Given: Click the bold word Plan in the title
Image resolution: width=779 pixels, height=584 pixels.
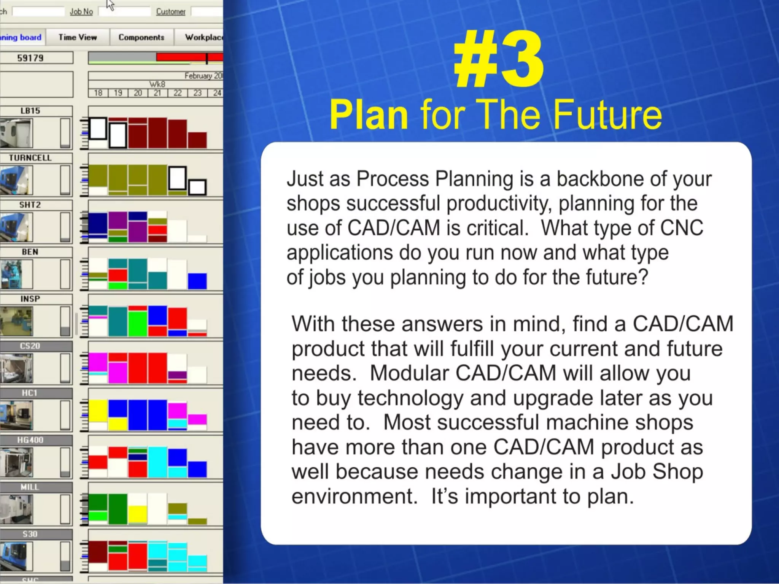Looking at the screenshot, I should coord(369,114).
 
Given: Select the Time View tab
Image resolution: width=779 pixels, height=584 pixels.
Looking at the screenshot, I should coord(78,37).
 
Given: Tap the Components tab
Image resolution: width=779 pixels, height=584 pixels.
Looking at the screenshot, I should coord(141,37).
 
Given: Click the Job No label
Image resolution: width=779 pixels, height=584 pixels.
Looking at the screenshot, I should coord(81,11).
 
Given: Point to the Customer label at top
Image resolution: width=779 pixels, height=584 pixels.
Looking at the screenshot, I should coord(170,11).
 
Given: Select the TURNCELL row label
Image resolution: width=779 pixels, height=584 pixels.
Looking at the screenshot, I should coord(30,158).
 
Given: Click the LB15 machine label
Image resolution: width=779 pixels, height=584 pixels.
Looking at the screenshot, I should coord(30,111).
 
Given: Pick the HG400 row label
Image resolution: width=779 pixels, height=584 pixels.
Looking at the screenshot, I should coord(30,440).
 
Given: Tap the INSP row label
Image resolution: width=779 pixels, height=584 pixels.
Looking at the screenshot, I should coord(30,299).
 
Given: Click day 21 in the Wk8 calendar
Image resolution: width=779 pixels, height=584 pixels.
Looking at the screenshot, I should coord(157,93).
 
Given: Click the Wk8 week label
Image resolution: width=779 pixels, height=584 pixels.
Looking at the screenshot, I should coord(157,84).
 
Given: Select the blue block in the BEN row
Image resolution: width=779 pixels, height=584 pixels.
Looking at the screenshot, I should coord(197,281).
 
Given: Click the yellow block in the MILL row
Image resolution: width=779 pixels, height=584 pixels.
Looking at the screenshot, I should coord(137,514).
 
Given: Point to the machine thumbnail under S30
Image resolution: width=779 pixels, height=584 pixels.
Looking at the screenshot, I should coord(16,556).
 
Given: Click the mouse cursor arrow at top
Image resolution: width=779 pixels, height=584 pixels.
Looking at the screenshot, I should coord(110,5).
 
